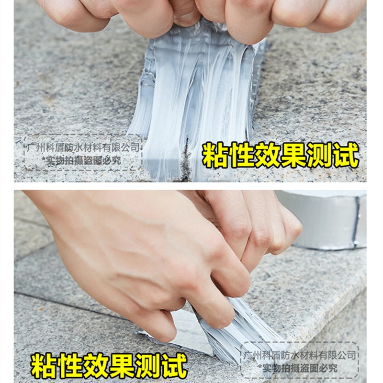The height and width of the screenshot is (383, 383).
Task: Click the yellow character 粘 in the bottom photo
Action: [44, 365]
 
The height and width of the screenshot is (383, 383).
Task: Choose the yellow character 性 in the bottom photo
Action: [70, 365]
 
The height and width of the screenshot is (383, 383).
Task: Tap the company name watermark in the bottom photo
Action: [300, 355]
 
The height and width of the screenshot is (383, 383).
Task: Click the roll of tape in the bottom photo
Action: [330, 218]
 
